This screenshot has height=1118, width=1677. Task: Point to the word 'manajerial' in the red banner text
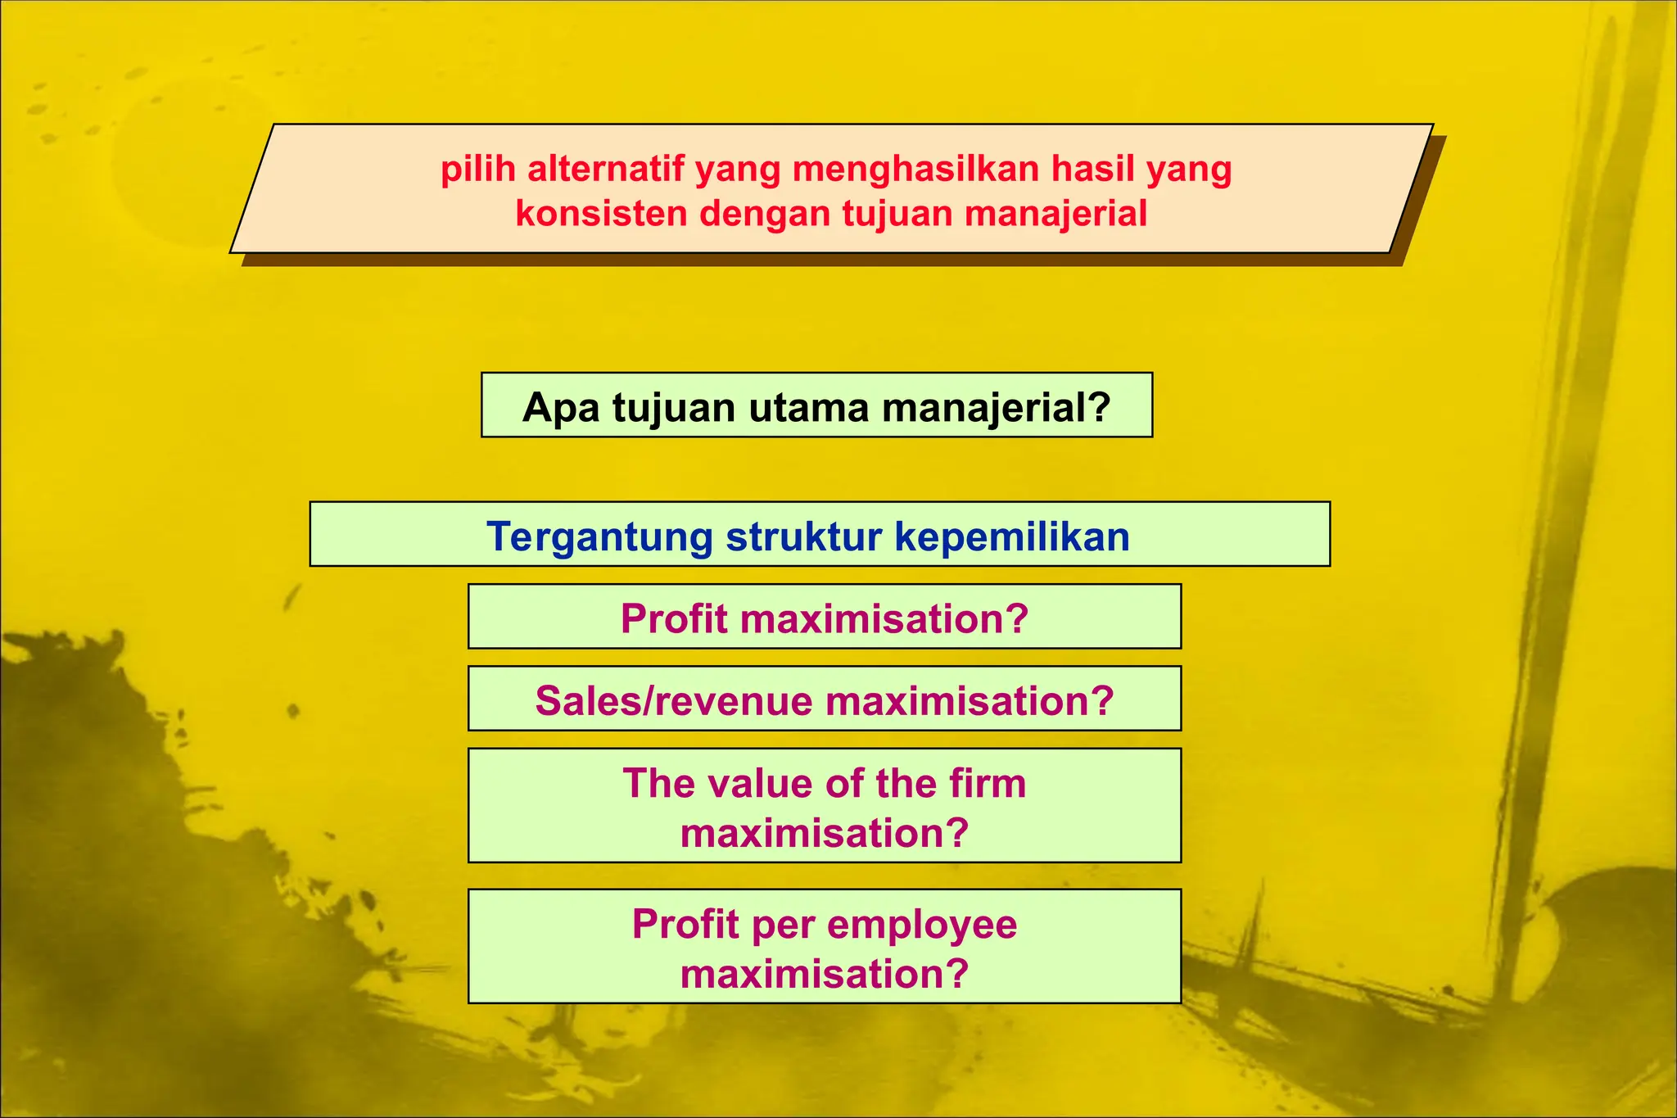1055,214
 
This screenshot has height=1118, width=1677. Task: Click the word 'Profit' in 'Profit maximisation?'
674,618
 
